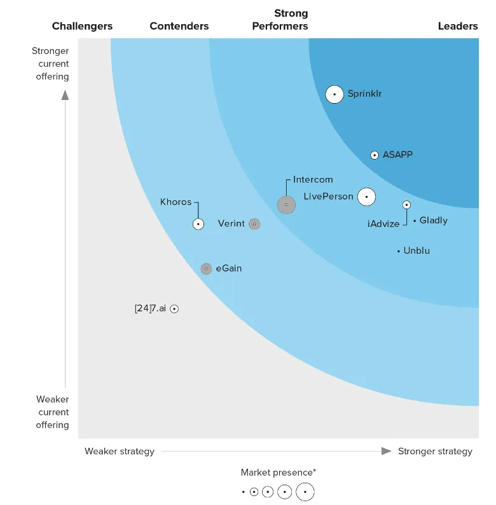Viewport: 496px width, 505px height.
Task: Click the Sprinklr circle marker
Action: click(x=334, y=94)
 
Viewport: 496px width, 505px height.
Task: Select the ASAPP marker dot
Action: click(x=375, y=155)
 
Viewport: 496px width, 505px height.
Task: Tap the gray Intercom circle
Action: click(x=286, y=205)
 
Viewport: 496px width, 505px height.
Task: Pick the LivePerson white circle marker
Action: click(x=366, y=197)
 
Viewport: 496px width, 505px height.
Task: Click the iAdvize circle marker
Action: click(x=407, y=205)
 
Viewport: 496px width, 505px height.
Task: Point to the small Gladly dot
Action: click(x=415, y=221)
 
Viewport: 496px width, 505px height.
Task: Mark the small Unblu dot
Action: click(x=399, y=251)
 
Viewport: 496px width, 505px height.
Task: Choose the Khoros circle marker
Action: click(x=198, y=224)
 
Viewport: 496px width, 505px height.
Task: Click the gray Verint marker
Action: click(x=254, y=224)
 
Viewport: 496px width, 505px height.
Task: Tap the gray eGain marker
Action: click(x=206, y=269)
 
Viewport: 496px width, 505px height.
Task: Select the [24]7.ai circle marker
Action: click(x=174, y=309)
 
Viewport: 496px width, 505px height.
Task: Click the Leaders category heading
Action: click(x=458, y=26)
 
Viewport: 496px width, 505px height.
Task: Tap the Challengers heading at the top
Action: click(x=82, y=26)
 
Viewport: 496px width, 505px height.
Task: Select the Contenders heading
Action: click(x=179, y=26)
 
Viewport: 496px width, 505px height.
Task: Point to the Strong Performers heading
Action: click(x=280, y=20)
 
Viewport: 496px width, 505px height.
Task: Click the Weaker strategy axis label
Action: click(x=120, y=451)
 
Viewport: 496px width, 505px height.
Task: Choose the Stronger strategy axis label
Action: click(x=435, y=451)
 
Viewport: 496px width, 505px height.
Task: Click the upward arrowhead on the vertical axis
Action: click(x=65, y=95)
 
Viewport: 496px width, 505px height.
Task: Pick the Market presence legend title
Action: click(x=278, y=472)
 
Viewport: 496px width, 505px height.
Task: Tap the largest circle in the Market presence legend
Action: click(x=305, y=492)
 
